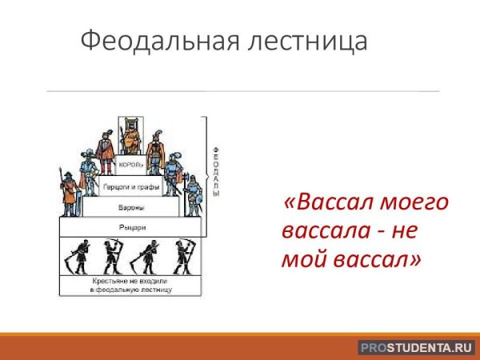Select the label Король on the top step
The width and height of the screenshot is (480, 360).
(x=130, y=165)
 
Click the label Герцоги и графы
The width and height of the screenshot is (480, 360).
(x=131, y=187)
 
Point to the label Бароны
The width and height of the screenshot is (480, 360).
(x=132, y=208)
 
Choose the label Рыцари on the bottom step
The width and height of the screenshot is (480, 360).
(x=132, y=228)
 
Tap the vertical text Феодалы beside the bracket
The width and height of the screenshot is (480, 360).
(x=215, y=171)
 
